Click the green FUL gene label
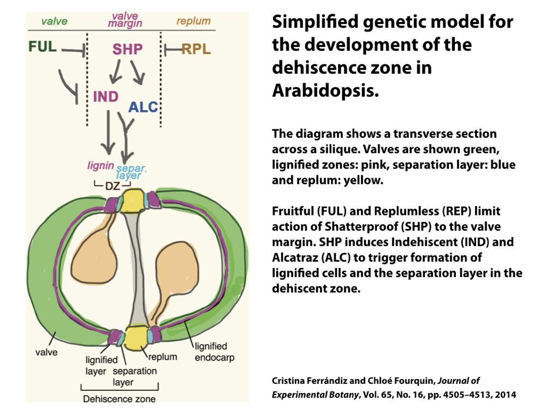43,47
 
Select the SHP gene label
127,49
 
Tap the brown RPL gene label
195,50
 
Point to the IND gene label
105,97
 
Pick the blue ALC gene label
143,107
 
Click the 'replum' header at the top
193,21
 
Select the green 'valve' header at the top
54,21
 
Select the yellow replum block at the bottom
135,337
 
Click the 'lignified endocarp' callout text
211,352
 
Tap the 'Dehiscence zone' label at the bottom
119,399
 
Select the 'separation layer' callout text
134,377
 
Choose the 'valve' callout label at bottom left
46,352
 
